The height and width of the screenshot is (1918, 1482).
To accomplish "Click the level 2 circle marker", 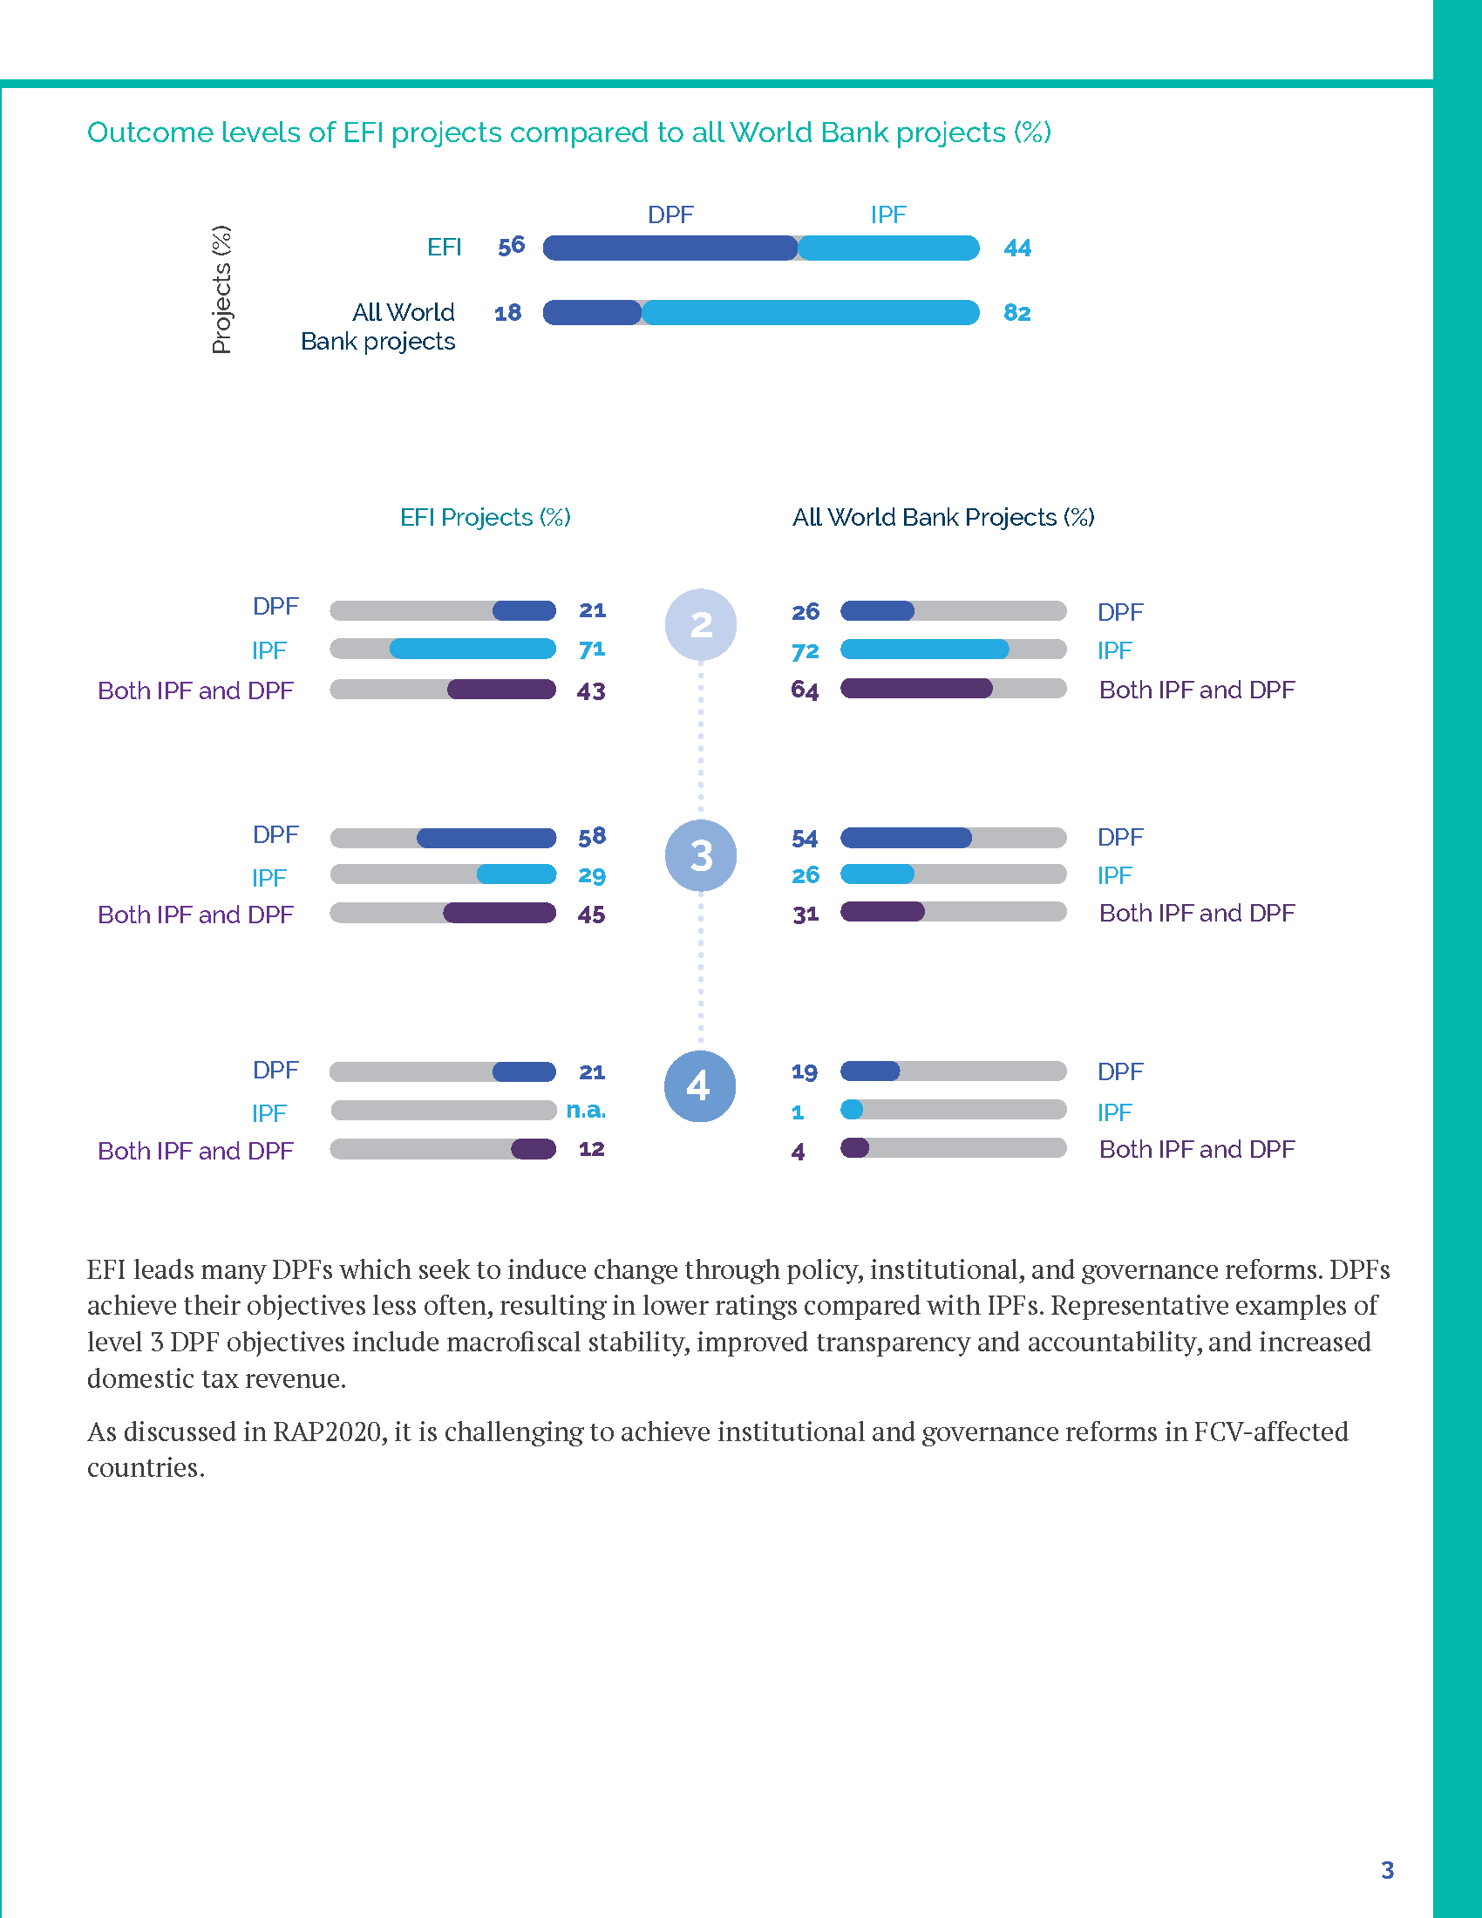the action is (701, 624).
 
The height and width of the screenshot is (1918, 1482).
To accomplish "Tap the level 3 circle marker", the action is (701, 855).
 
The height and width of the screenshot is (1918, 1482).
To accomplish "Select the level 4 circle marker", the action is (700, 1086).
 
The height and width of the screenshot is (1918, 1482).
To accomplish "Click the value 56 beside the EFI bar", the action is (511, 247).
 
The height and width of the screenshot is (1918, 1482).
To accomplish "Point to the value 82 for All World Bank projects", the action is (1016, 313).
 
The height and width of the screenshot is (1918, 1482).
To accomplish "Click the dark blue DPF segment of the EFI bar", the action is (670, 248).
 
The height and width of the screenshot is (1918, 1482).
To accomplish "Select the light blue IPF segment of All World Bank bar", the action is (811, 313).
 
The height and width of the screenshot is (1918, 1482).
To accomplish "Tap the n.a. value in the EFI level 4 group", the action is (586, 1110).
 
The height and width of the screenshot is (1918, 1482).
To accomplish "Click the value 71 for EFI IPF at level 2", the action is (592, 649).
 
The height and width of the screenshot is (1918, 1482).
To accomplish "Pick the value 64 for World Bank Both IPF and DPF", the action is (806, 690).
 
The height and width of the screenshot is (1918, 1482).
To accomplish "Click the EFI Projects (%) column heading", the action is (486, 517).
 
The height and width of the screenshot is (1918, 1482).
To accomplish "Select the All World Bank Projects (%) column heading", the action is (943, 517).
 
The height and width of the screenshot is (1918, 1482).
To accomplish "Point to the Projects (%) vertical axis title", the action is (222, 289).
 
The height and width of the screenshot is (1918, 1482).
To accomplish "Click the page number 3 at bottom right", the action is (1387, 1870).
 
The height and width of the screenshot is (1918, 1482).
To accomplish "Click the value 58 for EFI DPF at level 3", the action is (592, 836).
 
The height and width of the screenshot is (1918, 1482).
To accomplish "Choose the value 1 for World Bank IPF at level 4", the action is (798, 1112).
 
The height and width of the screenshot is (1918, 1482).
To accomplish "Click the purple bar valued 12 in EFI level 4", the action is (534, 1149).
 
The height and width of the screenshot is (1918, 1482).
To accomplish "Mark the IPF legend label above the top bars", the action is (888, 215).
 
